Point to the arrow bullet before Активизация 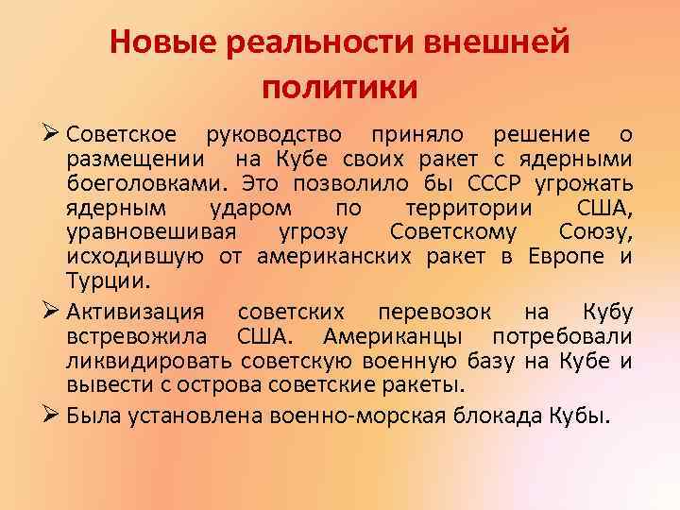click(x=53, y=313)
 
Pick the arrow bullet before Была click(x=53, y=412)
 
